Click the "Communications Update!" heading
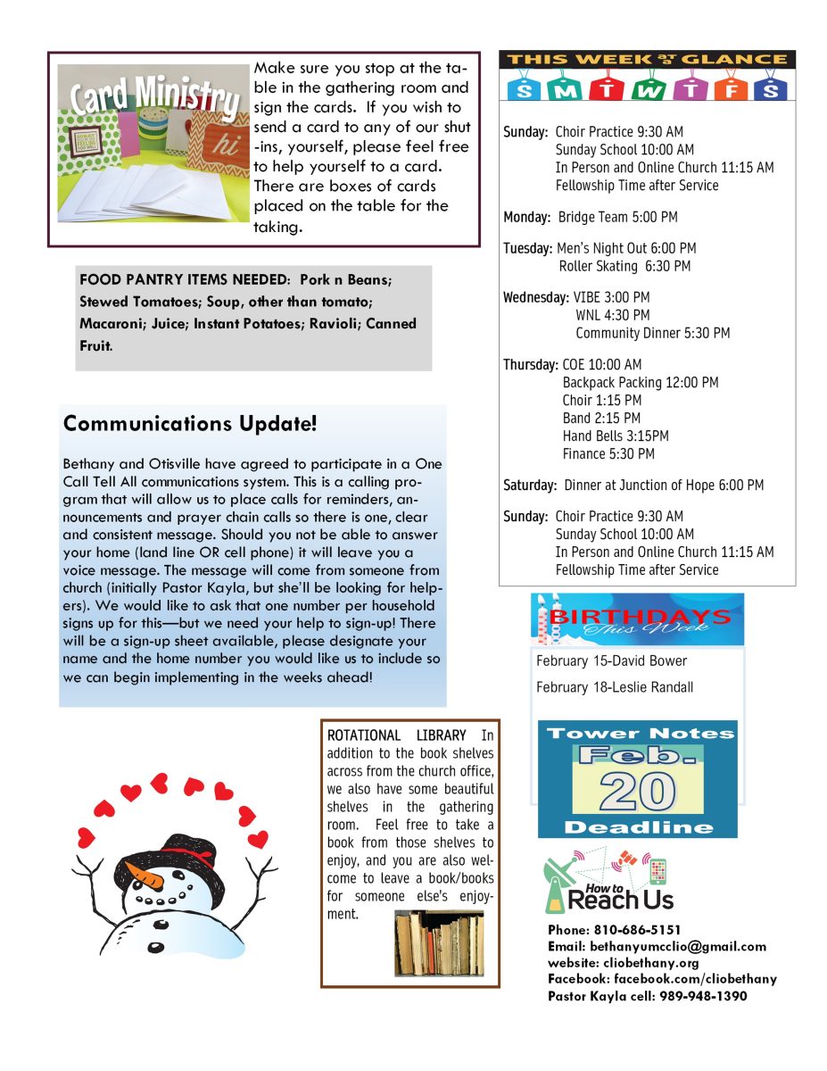pos(190,424)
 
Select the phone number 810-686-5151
pos(634,930)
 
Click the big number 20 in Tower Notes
pos(637,791)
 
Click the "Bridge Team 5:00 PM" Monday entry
pos(617,217)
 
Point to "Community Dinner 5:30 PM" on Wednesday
pos(652,333)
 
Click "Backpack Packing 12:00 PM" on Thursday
pos(640,382)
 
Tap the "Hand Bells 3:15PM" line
pos(615,436)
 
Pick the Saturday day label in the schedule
pos(530,486)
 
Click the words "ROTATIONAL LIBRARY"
pos(396,735)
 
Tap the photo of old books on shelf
pos(439,942)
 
